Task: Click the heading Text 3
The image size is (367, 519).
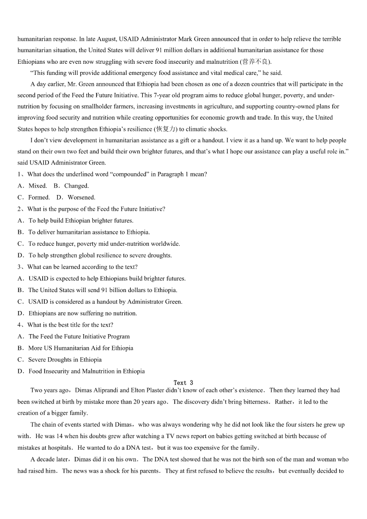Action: pyautogui.click(x=183, y=383)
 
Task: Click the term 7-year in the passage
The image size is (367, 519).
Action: pyautogui.click(x=166, y=95)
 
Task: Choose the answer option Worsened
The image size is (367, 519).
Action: pyautogui.click(x=81, y=197)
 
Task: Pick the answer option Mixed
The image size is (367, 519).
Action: pyautogui.click(x=37, y=186)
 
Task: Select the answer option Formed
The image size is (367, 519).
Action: pyautogui.click(x=39, y=197)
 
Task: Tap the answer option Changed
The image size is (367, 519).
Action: pyautogui.click(x=76, y=186)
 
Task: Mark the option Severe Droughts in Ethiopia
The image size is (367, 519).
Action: pyautogui.click(x=65, y=360)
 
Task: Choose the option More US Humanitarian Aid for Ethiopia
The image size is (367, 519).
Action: pyautogui.click(x=80, y=348)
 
